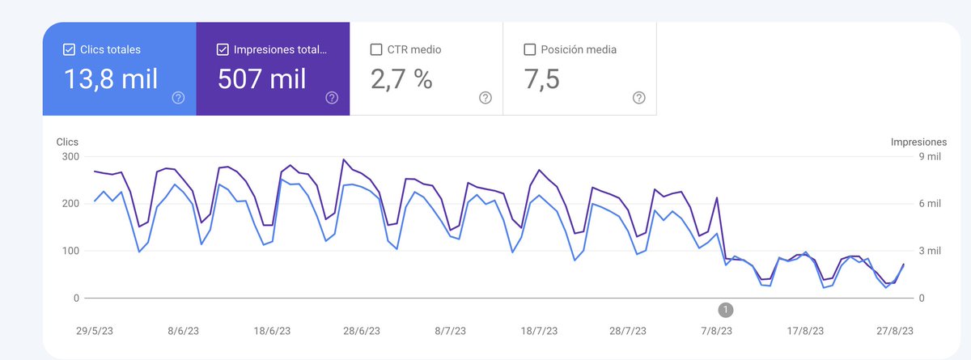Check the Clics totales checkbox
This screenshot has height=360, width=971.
coord(69,49)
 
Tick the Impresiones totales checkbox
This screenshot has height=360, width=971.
coord(223,49)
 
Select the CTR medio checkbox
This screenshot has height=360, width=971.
coord(376,49)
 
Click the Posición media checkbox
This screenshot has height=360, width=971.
coord(530,49)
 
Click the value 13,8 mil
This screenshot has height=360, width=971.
coord(110,79)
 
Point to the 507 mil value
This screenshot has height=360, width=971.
coord(262,79)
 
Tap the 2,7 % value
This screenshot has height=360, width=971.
coord(401,79)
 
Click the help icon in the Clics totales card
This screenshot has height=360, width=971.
coord(178,98)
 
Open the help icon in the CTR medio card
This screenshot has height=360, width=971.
coord(485,98)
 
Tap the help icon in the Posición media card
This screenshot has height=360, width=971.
coord(639,98)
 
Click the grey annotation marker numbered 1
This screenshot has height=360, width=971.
coord(726,309)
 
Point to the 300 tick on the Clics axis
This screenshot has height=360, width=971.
coord(70,156)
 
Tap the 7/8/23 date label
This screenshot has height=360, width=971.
coord(716,331)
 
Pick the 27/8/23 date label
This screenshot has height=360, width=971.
coord(896,331)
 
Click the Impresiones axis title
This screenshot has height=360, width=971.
coord(918,142)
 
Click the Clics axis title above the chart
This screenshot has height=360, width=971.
coord(67,142)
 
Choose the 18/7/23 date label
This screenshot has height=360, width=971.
coord(538,331)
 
